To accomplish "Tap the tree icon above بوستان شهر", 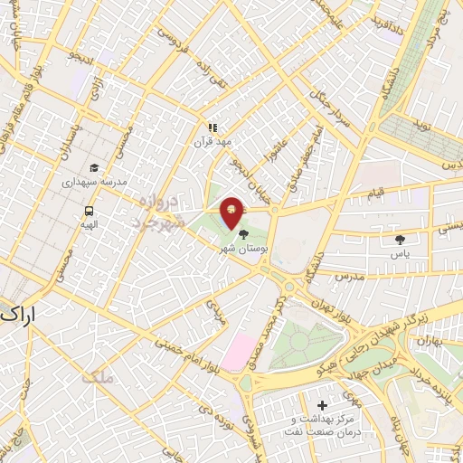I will tap(242, 234).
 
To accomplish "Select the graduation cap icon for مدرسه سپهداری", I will tap(94, 168).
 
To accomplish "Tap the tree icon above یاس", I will tap(400, 240).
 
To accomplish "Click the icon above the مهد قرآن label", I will tap(213, 128).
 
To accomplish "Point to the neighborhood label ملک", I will tap(98, 376).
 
